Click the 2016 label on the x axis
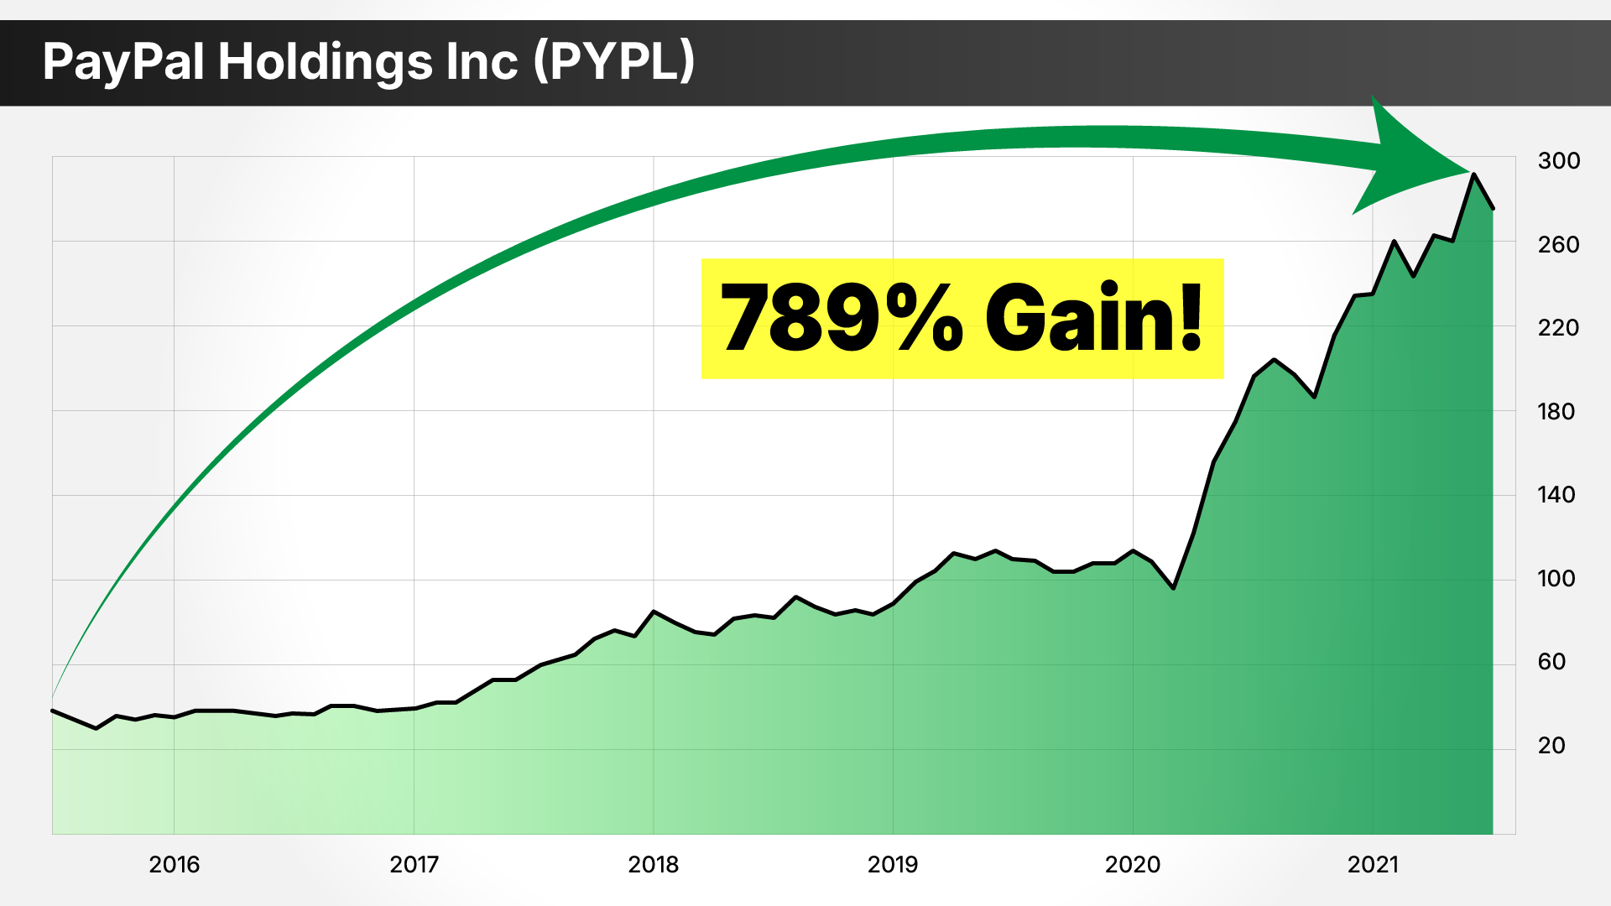(174, 864)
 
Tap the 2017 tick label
(414, 864)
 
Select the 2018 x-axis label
(653, 864)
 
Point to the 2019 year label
(893, 864)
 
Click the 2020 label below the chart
(1133, 864)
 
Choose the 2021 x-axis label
(1373, 864)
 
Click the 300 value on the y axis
(1558, 160)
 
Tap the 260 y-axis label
(1558, 244)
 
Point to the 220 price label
(1558, 327)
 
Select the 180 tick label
(1556, 411)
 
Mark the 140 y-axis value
(1556, 494)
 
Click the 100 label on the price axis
(1556, 578)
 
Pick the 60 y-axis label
(1551, 661)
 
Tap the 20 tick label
(1551, 745)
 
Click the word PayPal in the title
(123, 63)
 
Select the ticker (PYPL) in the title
(614, 63)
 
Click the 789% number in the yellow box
(842, 318)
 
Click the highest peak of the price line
(1473, 174)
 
